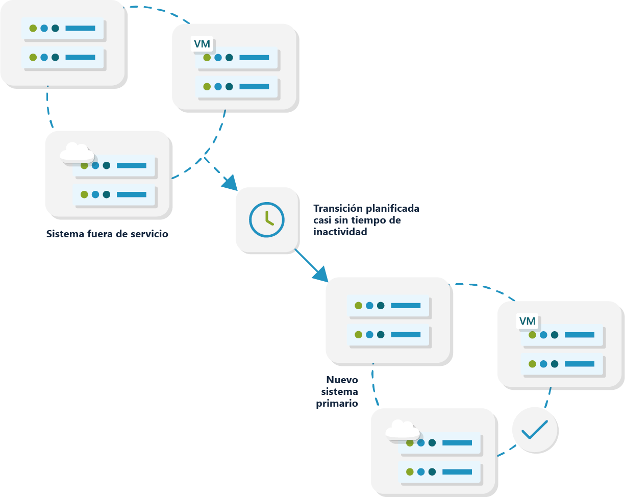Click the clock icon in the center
pos(267,220)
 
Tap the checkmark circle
pos(535,430)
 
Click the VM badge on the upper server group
pos(203,44)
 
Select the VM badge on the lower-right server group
pos(528,321)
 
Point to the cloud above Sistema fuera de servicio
pos(77,152)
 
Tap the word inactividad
pos(340,232)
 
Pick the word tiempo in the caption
pos(371,220)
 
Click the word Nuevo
pos(342,380)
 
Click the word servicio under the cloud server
pos(150,234)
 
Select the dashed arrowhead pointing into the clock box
pos(230,182)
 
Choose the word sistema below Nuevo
pos(339,391)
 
